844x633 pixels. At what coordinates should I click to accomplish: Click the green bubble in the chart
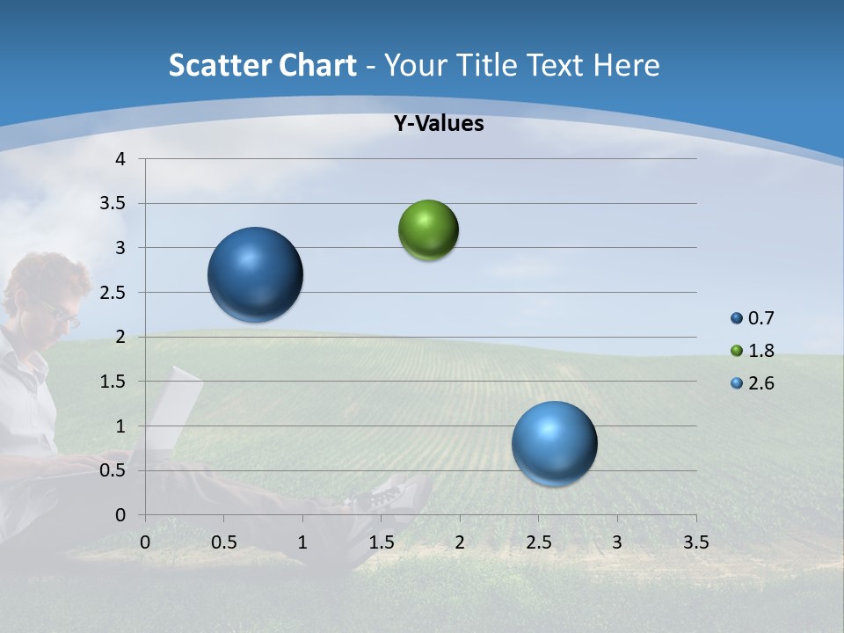(x=428, y=230)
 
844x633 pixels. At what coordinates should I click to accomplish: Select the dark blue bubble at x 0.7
(x=256, y=274)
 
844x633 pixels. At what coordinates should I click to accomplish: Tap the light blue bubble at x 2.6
(x=554, y=443)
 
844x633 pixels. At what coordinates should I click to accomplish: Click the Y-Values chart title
(x=439, y=124)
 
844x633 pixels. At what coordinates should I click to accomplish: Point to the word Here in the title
(x=625, y=65)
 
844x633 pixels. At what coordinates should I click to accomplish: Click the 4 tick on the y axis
(x=120, y=159)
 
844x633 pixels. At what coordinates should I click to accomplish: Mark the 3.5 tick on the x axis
(x=695, y=542)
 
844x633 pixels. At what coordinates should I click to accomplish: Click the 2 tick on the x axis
(x=460, y=542)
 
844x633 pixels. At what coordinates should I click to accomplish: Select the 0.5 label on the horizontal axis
(x=223, y=542)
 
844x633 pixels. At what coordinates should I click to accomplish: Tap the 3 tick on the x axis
(x=617, y=542)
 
